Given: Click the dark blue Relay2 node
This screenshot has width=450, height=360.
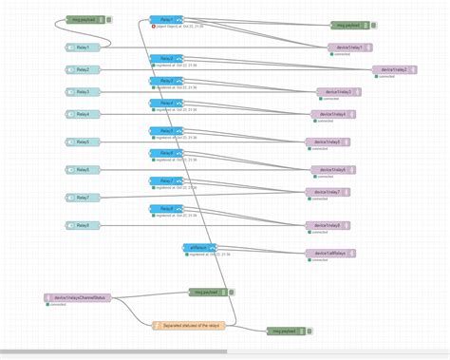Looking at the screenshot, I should [166, 59].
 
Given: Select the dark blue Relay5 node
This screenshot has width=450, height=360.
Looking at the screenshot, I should [166, 131].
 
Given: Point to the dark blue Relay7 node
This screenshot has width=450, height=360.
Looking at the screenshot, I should [166, 180].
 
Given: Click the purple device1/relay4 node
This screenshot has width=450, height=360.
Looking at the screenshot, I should [334, 114].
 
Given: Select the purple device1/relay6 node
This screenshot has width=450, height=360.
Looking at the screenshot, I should [334, 170].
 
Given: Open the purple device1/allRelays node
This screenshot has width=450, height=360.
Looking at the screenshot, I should [330, 254].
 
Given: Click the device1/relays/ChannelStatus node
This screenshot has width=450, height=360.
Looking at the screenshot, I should [77, 297].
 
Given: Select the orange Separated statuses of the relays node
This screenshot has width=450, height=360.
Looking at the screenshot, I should [190, 325].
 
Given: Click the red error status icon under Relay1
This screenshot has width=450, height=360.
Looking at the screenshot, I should [154, 26].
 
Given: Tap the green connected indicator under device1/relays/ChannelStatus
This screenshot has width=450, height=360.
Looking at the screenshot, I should [47, 305].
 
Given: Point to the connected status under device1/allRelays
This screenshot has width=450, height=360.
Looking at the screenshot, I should [317, 260].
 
